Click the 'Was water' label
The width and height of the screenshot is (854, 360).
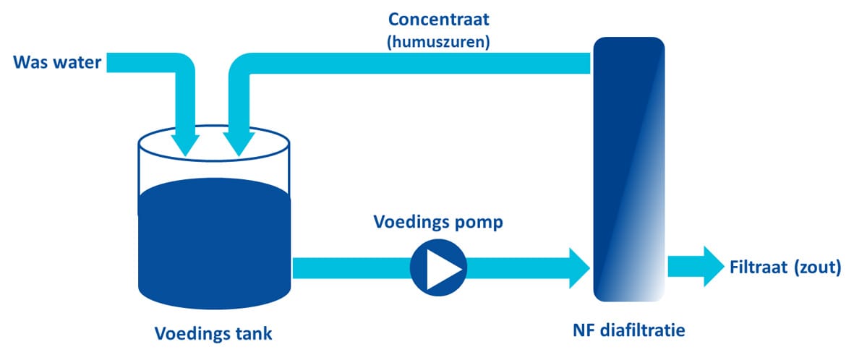pos(58,63)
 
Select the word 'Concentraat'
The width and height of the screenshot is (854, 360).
pos(439,20)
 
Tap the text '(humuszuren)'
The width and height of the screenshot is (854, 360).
pos(439,43)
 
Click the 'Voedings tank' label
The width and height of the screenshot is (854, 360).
pos(213,333)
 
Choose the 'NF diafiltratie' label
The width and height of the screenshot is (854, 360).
pos(628,330)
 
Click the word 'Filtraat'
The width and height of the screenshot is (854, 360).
pos(758,267)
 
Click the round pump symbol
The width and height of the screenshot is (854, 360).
pos(438,267)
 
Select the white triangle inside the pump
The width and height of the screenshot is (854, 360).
pos(443,267)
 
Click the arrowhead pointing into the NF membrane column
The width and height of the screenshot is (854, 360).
pos(579,267)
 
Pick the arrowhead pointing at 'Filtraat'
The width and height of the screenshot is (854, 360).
pos(714,266)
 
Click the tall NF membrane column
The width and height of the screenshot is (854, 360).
pos(628,169)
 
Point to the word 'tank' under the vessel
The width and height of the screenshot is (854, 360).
pos(252,333)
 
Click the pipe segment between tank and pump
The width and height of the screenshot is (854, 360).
pos(351,267)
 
